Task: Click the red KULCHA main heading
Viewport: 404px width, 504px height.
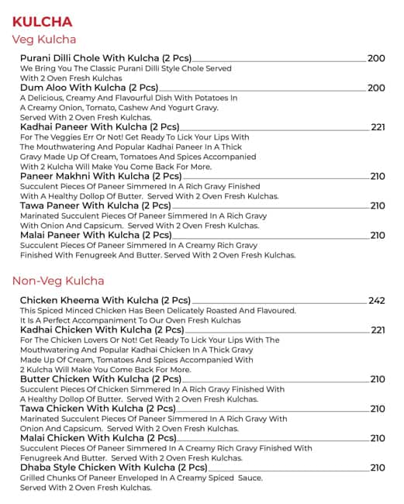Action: [43, 21]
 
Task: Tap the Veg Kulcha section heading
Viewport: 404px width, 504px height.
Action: [44, 40]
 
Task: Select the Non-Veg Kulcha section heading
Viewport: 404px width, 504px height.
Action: [58, 281]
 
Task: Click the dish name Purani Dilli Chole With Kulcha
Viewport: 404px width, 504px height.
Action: [105, 58]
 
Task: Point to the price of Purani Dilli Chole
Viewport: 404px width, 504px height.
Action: [376, 58]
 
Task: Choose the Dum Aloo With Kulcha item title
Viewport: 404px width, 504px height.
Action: [89, 88]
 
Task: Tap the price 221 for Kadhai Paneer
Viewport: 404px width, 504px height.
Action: [378, 127]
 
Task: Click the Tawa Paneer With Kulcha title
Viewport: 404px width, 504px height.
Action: [95, 205]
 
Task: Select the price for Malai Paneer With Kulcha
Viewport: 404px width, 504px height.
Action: [377, 235]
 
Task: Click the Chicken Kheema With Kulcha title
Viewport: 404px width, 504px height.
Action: [105, 300]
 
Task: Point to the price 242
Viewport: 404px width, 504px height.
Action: [376, 300]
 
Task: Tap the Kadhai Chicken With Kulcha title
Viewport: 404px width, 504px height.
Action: [102, 330]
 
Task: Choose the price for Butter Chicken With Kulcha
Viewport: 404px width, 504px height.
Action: [377, 379]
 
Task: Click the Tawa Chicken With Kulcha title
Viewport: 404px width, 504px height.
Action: [98, 409]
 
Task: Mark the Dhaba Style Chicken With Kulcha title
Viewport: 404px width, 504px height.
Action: [113, 468]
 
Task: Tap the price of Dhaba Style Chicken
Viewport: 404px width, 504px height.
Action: [377, 468]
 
